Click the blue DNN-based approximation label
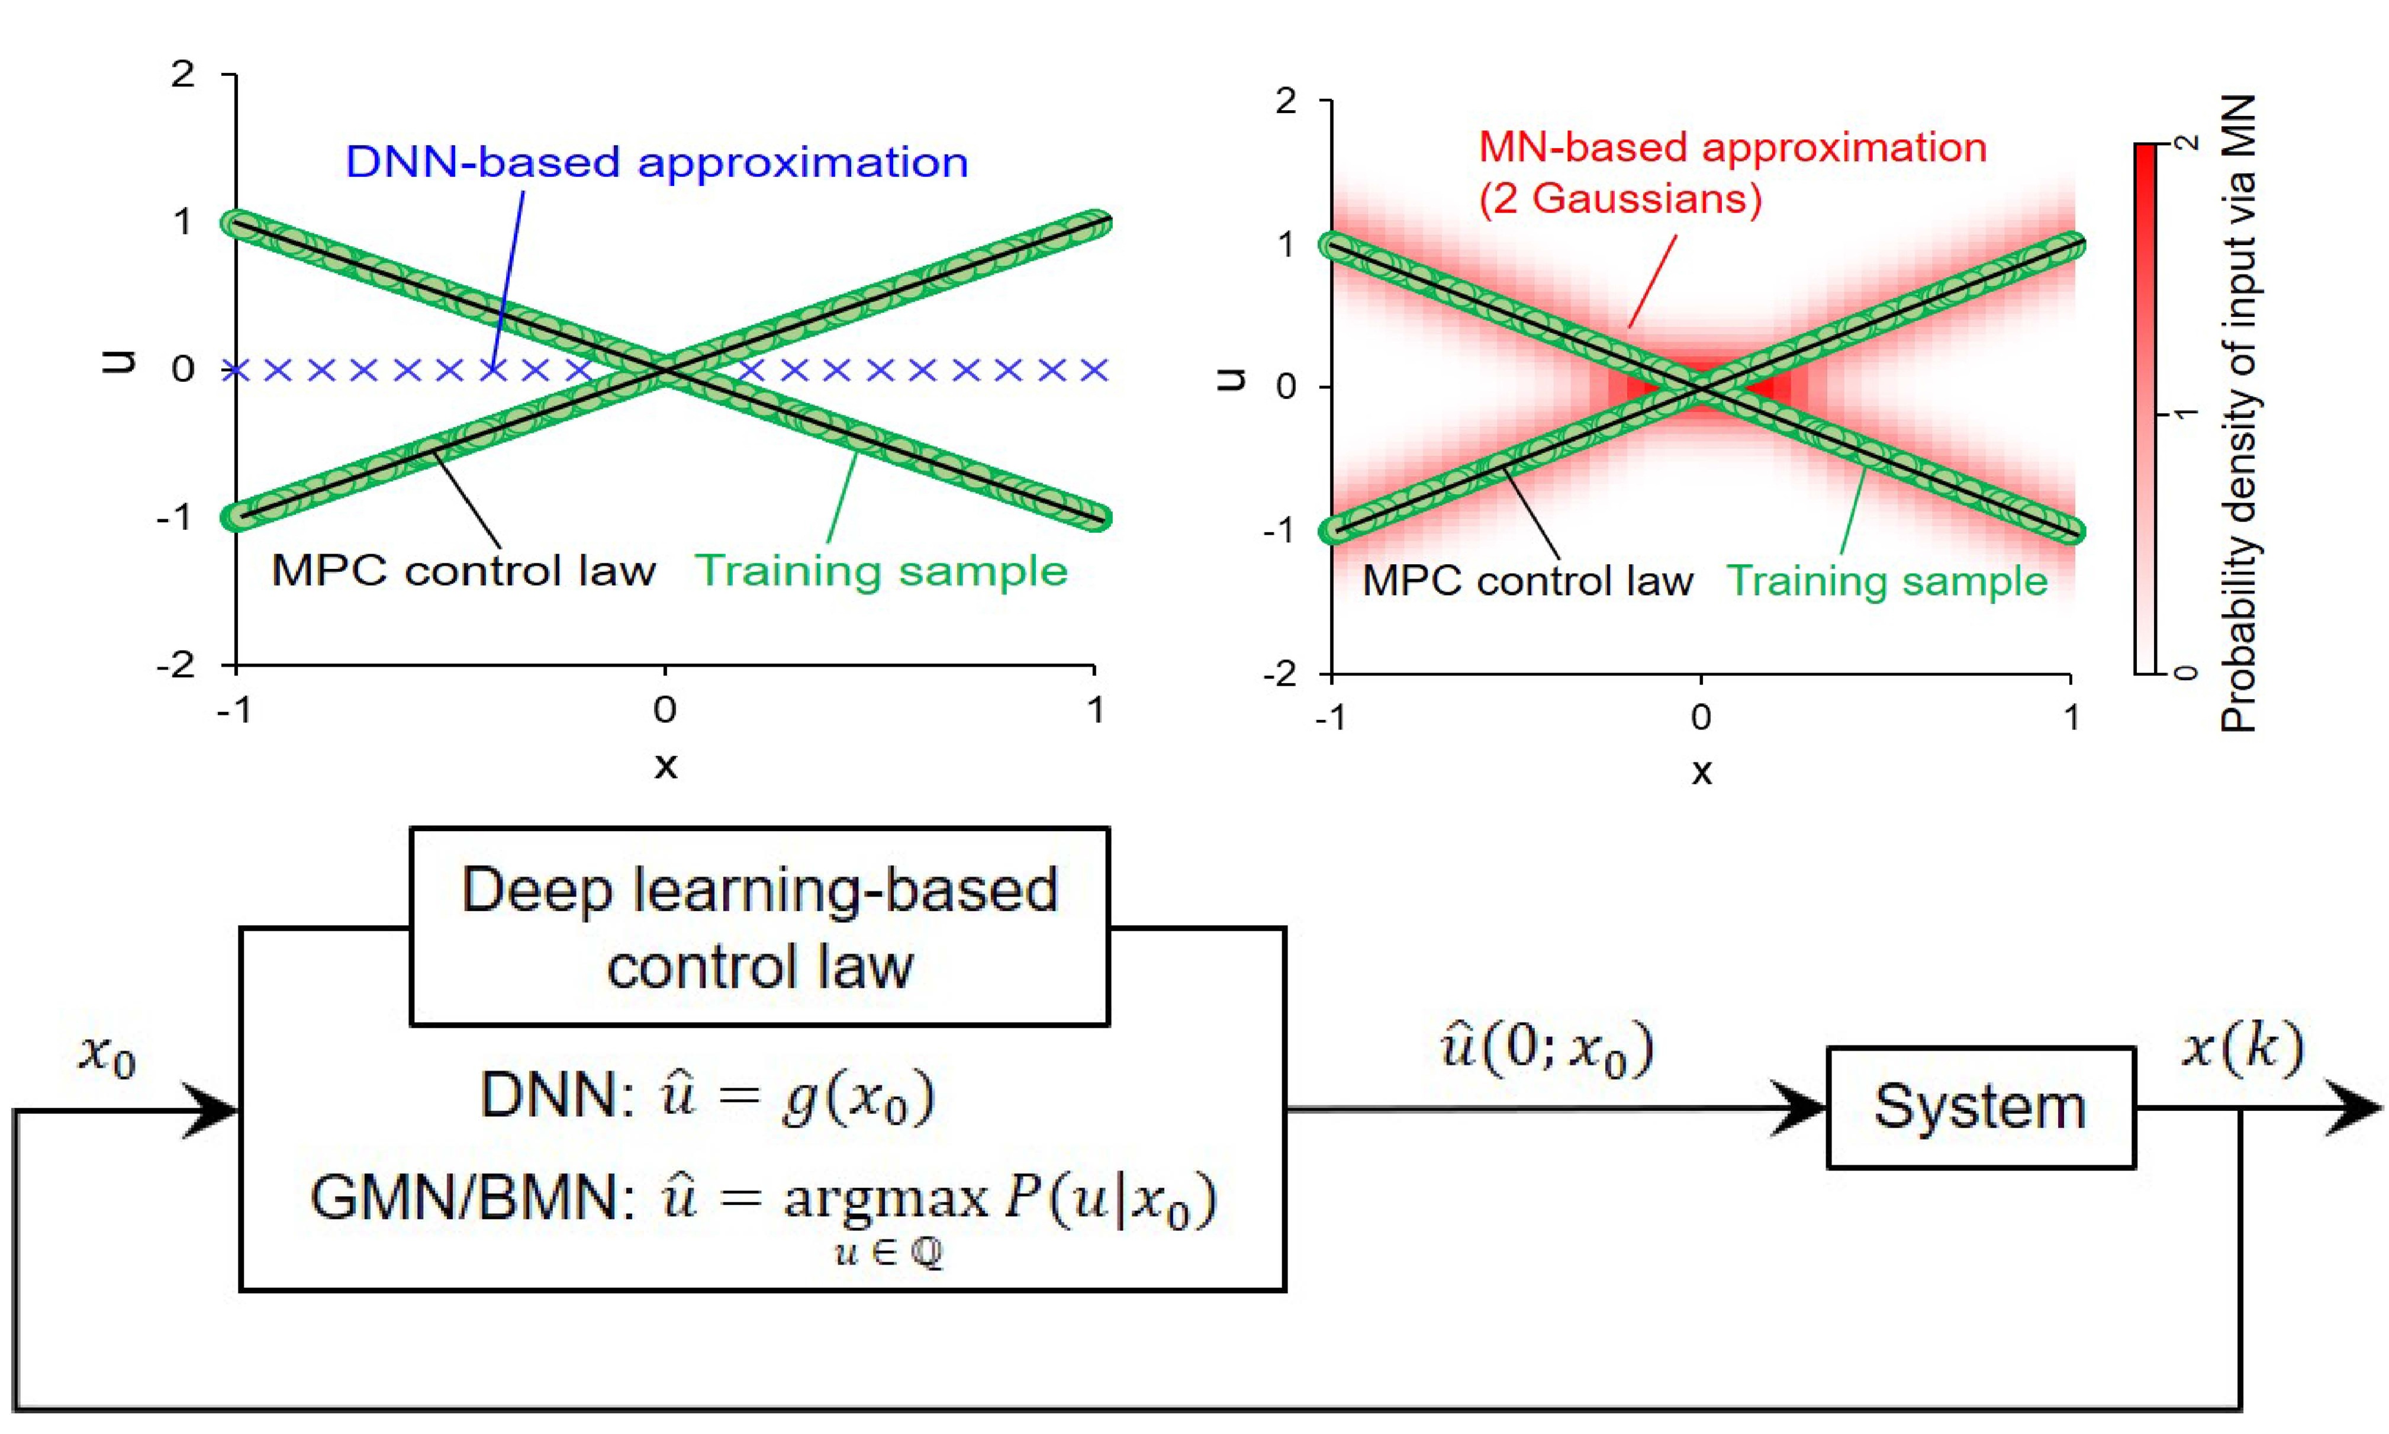657,162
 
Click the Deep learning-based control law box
759,927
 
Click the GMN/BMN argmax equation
763,1202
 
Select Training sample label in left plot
881,571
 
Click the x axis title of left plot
665,766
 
